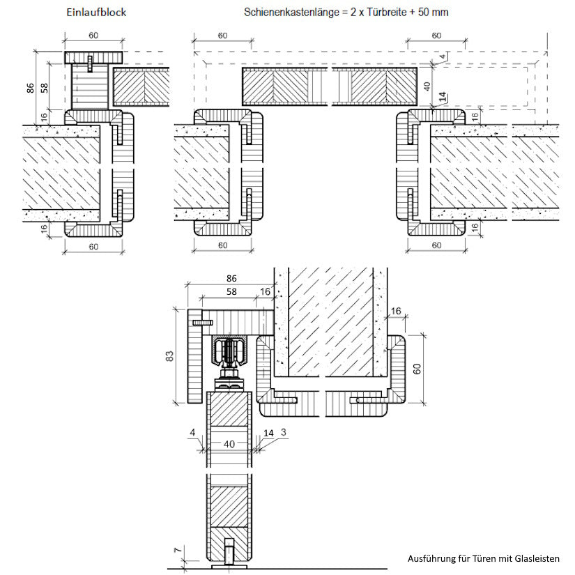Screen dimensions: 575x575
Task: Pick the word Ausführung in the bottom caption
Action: pyautogui.click(x=431, y=558)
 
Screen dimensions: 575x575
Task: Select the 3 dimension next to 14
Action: pyautogui.click(x=284, y=433)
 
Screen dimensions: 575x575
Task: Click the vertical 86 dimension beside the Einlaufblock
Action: pyautogui.click(x=30, y=88)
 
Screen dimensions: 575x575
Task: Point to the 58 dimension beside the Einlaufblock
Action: pyautogui.click(x=44, y=88)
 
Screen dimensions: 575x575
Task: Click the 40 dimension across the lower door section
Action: pyautogui.click(x=229, y=443)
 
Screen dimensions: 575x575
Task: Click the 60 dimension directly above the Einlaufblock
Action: pyautogui.click(x=93, y=36)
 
